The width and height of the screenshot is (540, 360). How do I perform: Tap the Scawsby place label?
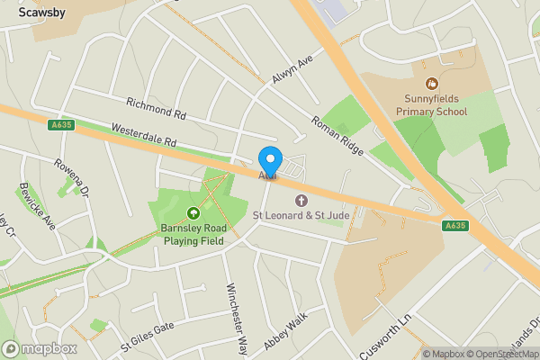click(x=40, y=13)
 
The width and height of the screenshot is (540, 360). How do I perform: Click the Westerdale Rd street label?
click(x=144, y=137)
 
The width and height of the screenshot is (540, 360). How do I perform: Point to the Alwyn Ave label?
click(x=291, y=68)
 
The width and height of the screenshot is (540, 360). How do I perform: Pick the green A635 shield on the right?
click(x=455, y=226)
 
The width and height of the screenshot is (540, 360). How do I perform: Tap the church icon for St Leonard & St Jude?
click(x=301, y=201)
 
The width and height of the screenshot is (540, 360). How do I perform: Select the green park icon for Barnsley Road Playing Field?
click(x=193, y=213)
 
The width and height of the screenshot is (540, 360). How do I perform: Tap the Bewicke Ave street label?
click(x=37, y=207)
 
